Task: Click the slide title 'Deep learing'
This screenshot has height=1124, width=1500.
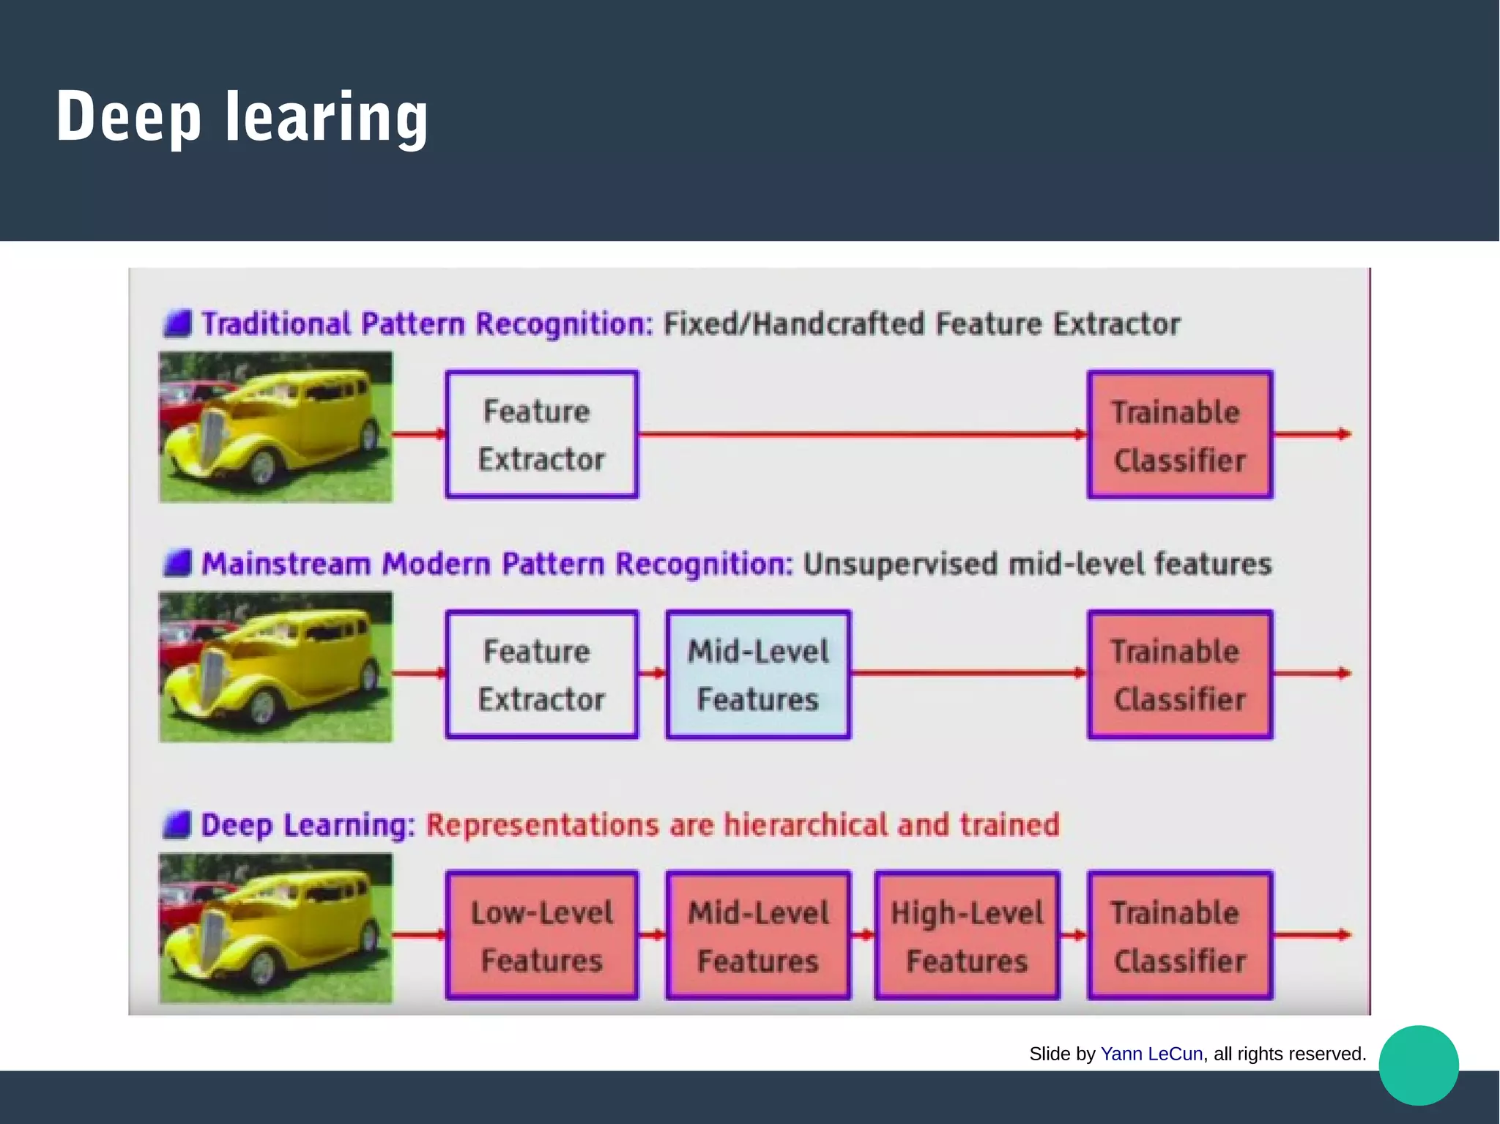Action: tap(242, 117)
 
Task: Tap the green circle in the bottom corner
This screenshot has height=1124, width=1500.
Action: tap(1418, 1065)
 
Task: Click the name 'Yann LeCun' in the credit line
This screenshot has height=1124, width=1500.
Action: tap(1151, 1054)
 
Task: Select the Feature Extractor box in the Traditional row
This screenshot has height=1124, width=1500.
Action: tap(541, 434)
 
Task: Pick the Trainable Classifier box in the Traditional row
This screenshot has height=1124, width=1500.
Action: tap(1179, 435)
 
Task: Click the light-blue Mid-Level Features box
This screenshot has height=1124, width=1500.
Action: tap(758, 674)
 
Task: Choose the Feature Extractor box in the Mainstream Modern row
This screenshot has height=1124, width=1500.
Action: tap(541, 674)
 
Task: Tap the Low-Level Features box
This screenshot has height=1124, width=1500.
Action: tap(541, 935)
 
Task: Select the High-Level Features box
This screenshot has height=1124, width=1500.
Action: tap(967, 935)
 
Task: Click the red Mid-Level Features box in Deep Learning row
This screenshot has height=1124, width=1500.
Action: tap(758, 935)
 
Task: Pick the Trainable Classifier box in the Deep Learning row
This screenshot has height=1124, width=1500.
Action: tap(1179, 935)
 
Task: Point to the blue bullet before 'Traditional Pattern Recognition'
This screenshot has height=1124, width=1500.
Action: tap(177, 323)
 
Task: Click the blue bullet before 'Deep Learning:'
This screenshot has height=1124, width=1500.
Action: tap(177, 825)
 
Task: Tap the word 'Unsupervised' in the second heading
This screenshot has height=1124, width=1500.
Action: tap(899, 565)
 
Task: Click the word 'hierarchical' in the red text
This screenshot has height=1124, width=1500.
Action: tap(806, 825)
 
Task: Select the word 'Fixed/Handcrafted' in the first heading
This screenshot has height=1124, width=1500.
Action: tap(794, 324)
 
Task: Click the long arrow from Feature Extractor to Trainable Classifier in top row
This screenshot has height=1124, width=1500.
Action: tap(861, 434)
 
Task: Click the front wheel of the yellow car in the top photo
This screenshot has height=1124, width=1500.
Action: tap(262, 466)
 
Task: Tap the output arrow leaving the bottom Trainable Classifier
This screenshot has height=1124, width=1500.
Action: tap(1311, 934)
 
